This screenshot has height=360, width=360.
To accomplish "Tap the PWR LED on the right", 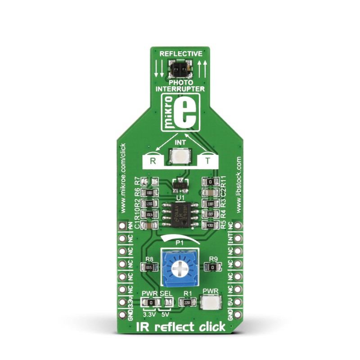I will coord(211,304).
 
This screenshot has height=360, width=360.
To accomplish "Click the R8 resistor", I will coord(149,267).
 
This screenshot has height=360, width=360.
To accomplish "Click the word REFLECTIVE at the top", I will coord(180,54).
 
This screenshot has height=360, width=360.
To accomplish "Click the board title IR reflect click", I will coord(180,327).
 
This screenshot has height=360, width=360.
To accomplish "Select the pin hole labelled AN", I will coord(121,224).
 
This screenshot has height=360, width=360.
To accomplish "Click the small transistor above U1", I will coord(180,184).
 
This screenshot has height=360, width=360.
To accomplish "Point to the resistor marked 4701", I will coord(210,224).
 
